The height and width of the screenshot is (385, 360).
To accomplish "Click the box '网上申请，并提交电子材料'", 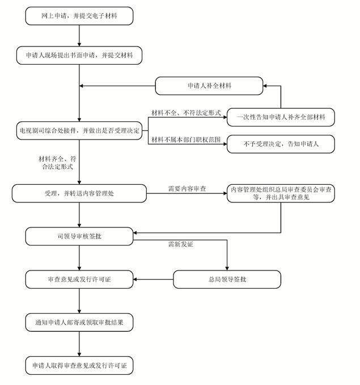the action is point(79,16).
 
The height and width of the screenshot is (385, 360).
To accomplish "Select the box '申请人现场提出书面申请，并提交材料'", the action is point(79,55).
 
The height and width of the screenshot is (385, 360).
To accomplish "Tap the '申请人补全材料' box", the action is point(209,86).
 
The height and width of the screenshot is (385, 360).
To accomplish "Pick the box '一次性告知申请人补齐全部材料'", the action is point(281,117).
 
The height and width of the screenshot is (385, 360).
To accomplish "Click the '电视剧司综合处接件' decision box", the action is point(79,130).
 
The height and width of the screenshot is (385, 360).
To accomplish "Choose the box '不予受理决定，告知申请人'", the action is point(281,144).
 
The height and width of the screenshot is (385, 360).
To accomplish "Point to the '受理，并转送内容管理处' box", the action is point(79,193).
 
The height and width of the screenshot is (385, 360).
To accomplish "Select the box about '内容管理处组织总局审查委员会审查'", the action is point(281,193).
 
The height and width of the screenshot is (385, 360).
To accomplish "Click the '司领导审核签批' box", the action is point(79,236).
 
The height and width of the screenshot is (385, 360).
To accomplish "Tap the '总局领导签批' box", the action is point(227,280).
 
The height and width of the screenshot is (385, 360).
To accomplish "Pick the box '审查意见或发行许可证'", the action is point(79,280).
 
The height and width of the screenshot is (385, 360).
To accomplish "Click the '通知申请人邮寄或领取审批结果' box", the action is point(79,323).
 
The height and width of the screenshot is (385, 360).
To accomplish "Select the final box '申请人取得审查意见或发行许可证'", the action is point(79,366).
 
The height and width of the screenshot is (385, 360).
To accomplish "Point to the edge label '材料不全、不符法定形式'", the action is point(186,113).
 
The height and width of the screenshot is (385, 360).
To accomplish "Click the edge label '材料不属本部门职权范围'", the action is point(186,139).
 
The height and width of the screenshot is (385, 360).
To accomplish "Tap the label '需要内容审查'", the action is point(187,189).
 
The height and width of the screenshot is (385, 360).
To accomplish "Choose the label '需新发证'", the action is point(180,244).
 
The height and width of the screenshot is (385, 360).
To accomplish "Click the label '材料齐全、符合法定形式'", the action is point(57,163).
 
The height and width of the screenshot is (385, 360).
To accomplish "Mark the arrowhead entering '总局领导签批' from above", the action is point(227,268).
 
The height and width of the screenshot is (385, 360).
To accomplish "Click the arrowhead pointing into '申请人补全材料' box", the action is point(265,86).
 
